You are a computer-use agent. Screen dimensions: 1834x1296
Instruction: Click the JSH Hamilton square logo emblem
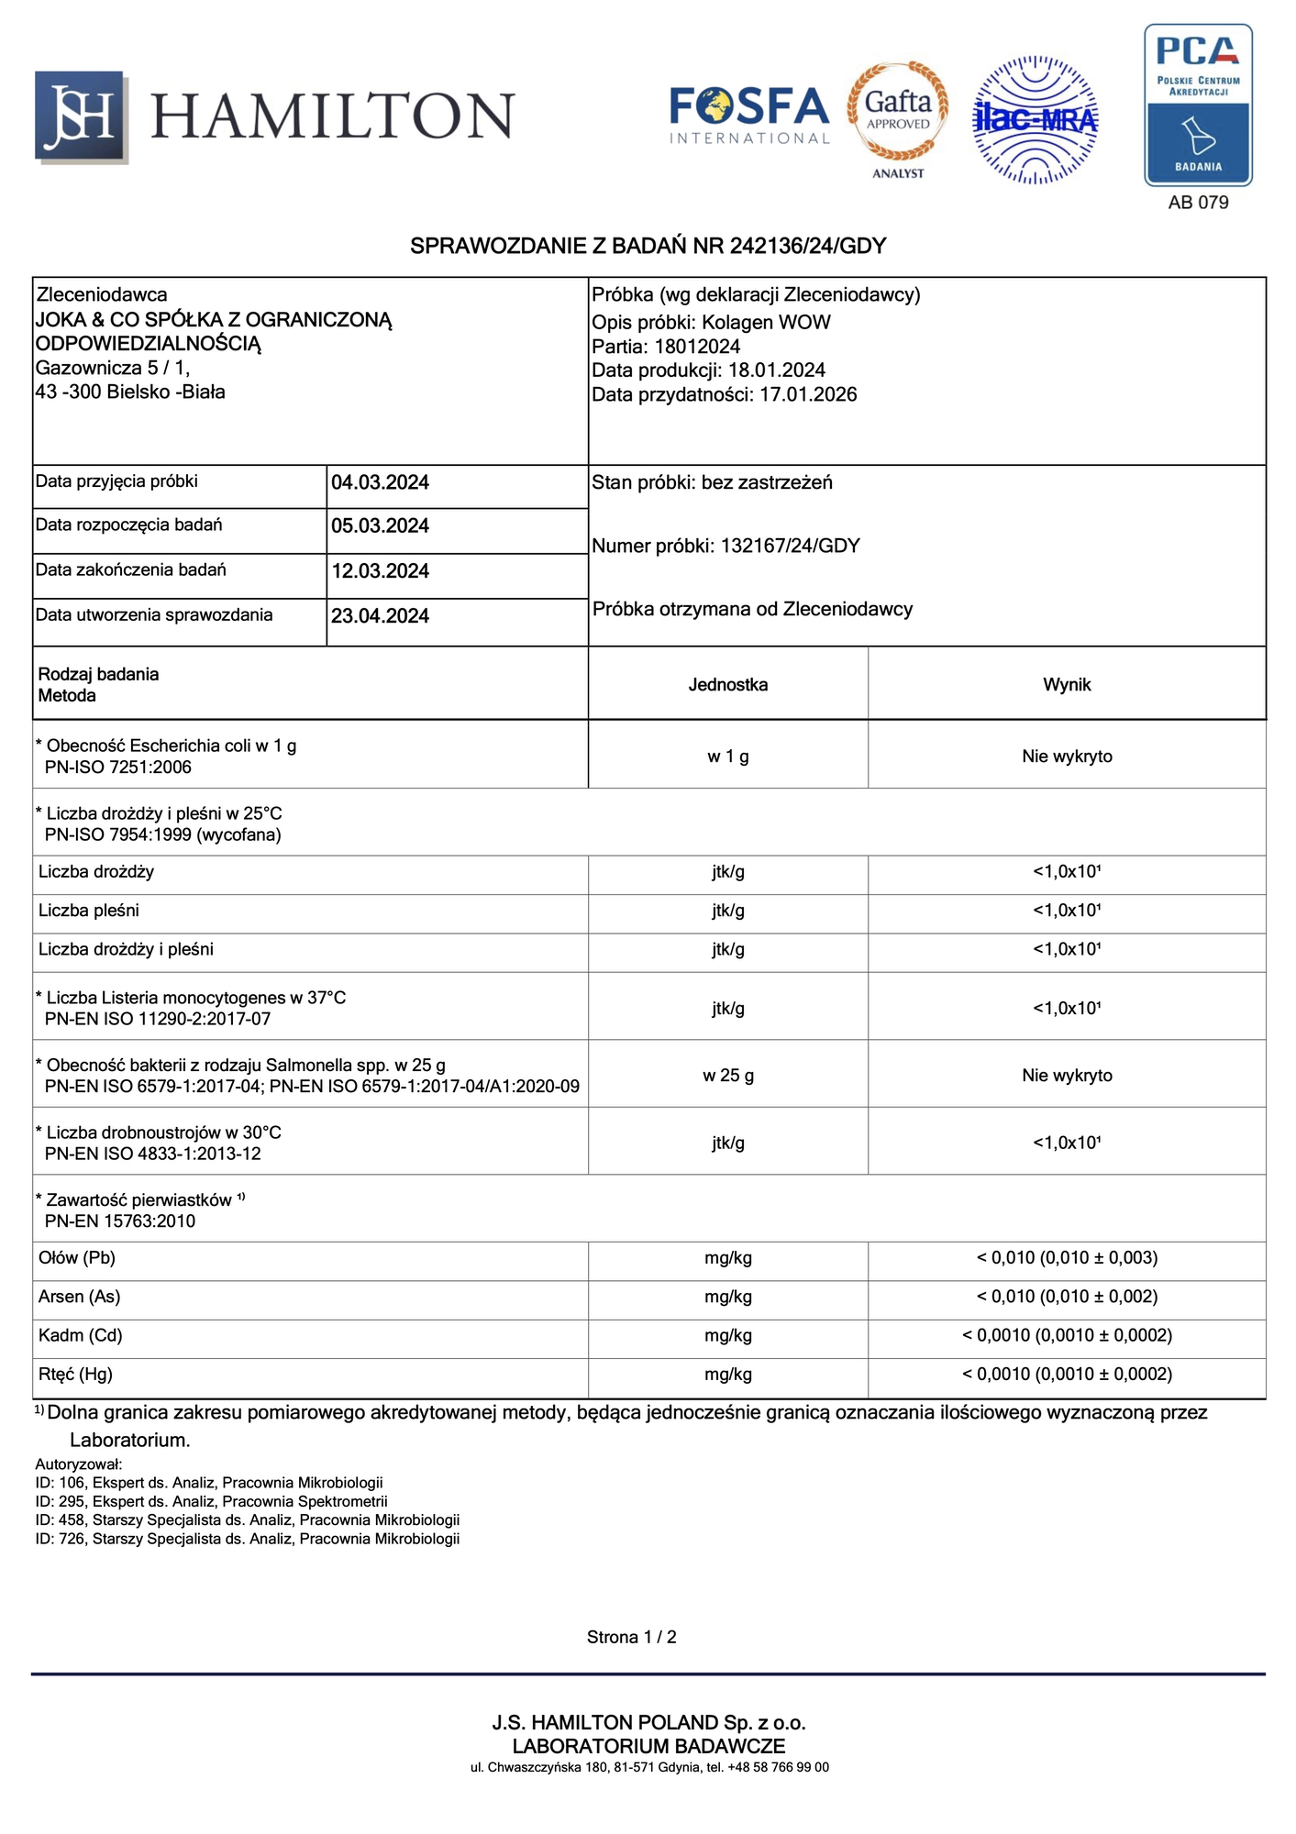point(81,116)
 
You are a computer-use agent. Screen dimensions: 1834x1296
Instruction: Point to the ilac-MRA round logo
point(1036,119)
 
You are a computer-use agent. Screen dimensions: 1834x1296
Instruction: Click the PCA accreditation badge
point(1198,105)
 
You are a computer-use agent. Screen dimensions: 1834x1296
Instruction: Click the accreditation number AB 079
point(1198,203)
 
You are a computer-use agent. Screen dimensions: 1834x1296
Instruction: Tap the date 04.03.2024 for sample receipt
point(380,483)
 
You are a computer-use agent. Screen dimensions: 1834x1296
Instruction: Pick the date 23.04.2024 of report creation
point(380,616)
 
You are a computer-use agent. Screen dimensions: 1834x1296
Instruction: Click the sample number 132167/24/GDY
point(790,547)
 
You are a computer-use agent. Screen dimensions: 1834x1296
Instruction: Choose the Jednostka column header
point(727,685)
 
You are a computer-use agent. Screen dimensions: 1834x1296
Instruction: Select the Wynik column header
point(1067,685)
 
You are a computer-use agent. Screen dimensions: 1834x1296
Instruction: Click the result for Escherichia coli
point(1067,757)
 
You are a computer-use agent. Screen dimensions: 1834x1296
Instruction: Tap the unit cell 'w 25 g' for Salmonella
point(727,1076)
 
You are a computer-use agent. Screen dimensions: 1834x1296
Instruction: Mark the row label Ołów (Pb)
point(77,1258)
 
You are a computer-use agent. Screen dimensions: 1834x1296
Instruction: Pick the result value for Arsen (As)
point(1067,1297)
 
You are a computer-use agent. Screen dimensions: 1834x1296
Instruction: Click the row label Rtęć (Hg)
point(75,1375)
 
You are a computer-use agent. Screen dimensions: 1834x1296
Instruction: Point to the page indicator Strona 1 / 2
point(631,1637)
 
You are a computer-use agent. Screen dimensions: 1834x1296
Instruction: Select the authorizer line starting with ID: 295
point(211,1501)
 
